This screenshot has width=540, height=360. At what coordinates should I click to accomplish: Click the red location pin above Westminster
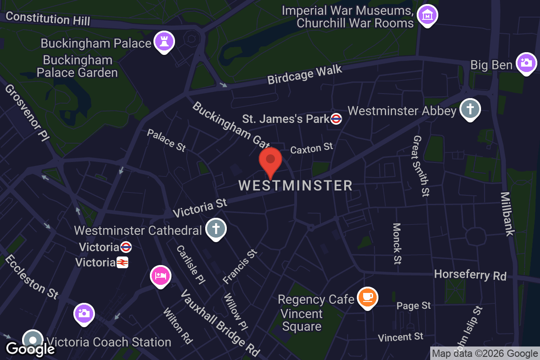point(270,161)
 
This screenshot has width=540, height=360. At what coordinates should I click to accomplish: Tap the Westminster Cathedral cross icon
point(216,229)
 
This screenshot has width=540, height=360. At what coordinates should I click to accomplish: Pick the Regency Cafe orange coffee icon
point(368,297)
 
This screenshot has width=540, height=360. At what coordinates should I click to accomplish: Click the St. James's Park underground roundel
point(336,119)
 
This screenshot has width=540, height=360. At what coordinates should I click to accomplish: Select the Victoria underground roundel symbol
point(126,247)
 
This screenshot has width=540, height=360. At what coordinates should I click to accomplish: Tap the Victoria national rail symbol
point(122,262)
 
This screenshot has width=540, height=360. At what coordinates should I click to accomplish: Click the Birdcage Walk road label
point(305,75)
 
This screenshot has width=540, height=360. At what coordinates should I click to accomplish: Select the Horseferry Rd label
point(470,275)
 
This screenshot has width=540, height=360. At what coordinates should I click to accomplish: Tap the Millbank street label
point(507,214)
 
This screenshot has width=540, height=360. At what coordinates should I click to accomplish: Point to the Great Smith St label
point(421,166)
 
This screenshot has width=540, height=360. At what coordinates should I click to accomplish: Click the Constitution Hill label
point(48,19)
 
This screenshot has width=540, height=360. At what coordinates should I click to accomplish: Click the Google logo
point(31,349)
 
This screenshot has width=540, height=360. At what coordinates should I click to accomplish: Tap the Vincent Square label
point(301,320)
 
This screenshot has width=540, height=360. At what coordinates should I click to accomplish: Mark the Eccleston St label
point(31,277)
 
